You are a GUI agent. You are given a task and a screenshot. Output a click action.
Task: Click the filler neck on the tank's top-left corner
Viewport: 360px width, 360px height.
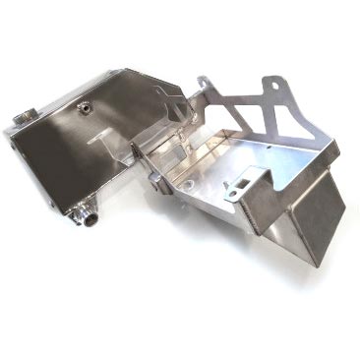23,116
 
